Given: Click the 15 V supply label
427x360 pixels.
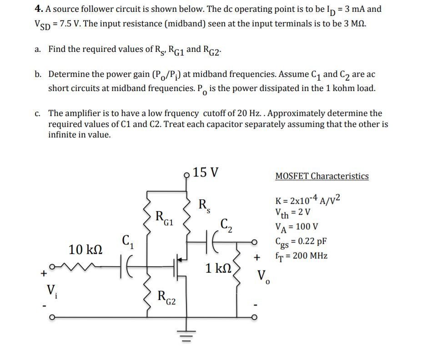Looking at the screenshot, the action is [x=206, y=173].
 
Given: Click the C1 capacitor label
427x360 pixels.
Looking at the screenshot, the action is [x=127, y=240].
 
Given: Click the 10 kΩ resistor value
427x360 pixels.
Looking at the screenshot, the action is [x=85, y=249].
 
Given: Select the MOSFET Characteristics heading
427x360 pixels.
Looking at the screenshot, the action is [x=322, y=176].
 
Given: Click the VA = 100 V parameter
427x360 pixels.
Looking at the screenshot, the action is [x=296, y=227].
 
